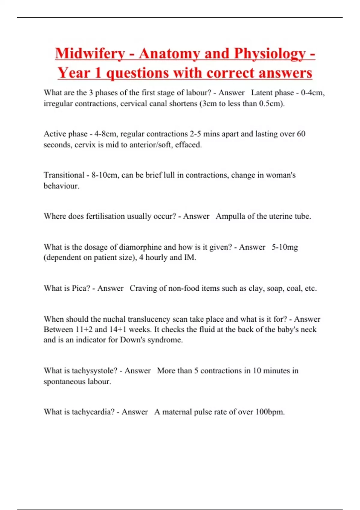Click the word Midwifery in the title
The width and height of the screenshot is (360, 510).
[90, 54]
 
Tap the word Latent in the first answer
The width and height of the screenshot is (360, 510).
[263, 93]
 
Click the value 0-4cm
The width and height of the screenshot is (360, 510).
[313, 93]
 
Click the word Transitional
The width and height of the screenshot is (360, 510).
[64, 175]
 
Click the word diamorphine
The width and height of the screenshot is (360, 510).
[140, 247]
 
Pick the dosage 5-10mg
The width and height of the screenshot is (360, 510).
[285, 247]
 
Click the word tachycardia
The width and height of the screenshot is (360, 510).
[93, 412]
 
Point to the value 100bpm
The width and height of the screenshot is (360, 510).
[270, 412]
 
